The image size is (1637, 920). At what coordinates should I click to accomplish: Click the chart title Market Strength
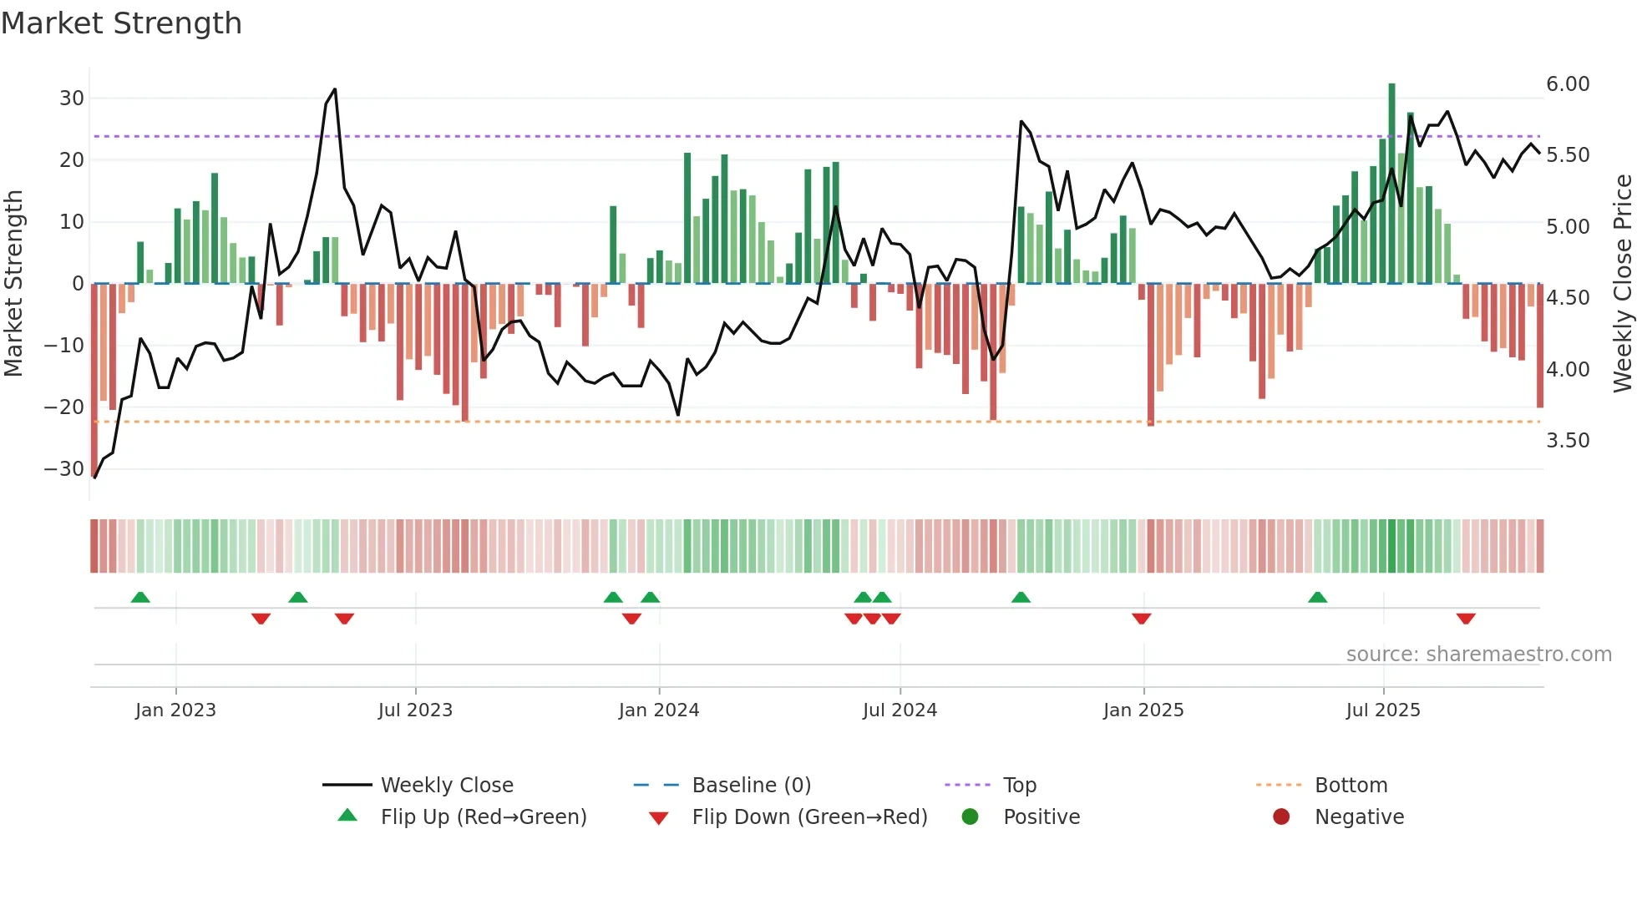coord(121,23)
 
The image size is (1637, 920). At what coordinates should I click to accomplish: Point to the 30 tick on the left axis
coord(72,99)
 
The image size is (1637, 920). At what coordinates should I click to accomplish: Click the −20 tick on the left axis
coord(64,407)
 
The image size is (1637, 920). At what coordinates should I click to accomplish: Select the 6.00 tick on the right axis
coord(1567,84)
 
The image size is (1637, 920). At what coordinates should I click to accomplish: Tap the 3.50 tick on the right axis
coord(1567,441)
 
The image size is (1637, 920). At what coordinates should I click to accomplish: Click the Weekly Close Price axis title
coord(1622,283)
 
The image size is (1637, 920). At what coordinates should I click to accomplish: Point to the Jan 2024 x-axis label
coord(658,710)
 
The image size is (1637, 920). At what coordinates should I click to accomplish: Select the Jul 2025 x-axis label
coord(1382,710)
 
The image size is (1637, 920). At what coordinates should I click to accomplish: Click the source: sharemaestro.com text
coord(1478,655)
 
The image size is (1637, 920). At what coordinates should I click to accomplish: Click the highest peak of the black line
coord(335,89)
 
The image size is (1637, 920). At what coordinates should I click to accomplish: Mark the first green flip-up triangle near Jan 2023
coord(140,597)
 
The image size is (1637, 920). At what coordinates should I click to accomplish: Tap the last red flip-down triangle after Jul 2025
coord(1465,619)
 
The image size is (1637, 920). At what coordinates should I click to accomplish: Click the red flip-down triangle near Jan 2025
coord(1141,619)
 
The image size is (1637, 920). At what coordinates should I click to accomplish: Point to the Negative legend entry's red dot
coord(1280,817)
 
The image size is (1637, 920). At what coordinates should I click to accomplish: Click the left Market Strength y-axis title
coord(13,283)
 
